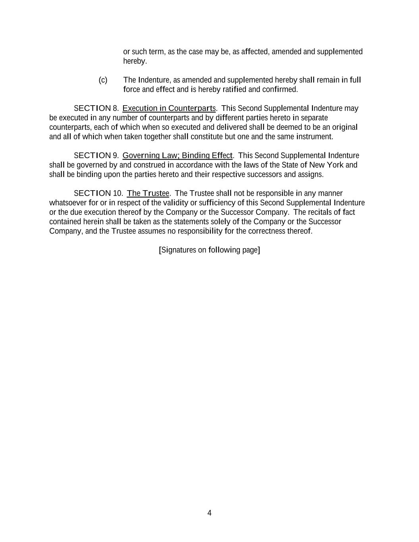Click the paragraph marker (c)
pos(103,80)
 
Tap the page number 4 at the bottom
pos(209,513)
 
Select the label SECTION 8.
pos(96,108)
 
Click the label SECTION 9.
pos(96,156)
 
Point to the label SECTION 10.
pos(98,193)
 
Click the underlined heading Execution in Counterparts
pos(169,108)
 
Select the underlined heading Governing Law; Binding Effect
pos(178,156)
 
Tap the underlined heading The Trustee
pos(148,193)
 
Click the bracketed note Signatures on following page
pos(209,250)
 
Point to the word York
pos(335,165)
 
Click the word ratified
pos(234,90)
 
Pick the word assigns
pos(311,175)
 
